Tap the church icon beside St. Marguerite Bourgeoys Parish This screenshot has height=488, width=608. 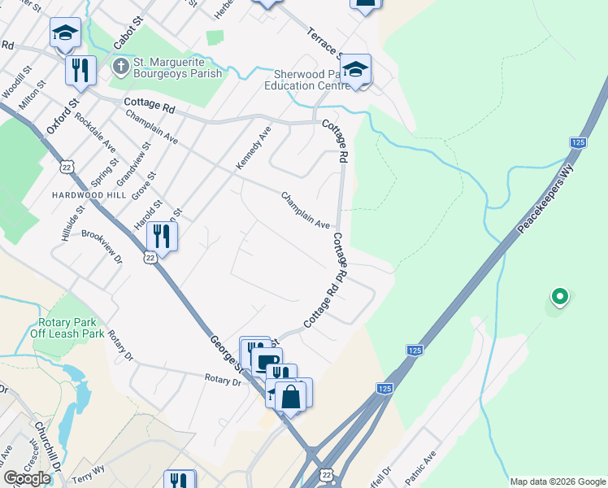tap(120, 65)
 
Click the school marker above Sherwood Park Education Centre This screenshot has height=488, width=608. tap(355, 69)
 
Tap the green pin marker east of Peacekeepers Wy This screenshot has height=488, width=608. tap(559, 297)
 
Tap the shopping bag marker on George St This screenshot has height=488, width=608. tap(290, 397)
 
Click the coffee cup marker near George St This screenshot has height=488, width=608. tap(267, 361)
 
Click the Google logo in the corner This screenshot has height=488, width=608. tap(27, 478)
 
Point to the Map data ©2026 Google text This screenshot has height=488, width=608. tap(558, 481)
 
